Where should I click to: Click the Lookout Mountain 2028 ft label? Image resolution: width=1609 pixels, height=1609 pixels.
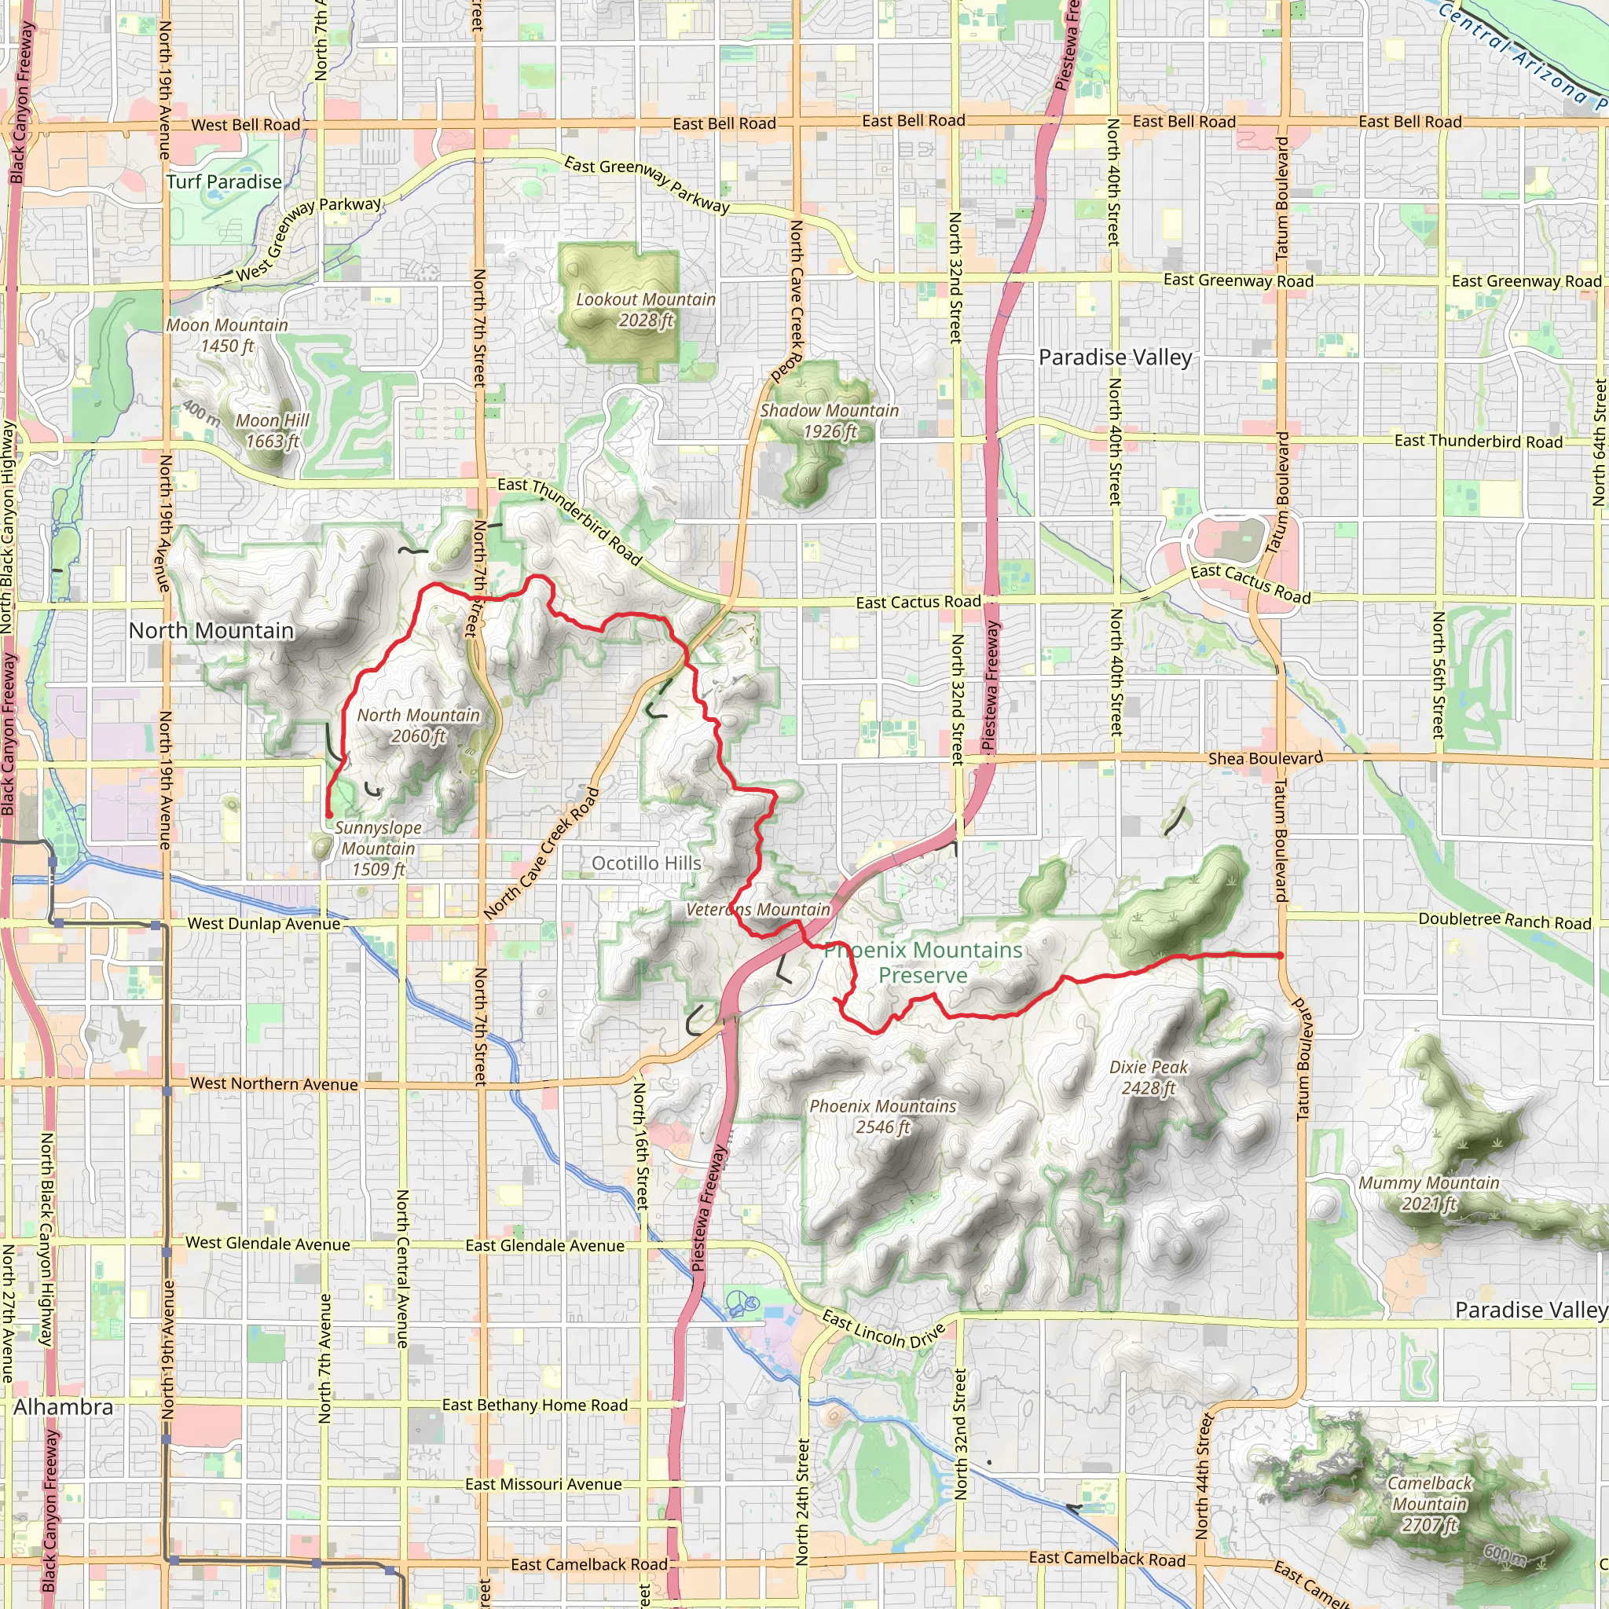pyautogui.click(x=646, y=310)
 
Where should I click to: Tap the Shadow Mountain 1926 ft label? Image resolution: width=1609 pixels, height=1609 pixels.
pyautogui.click(x=830, y=420)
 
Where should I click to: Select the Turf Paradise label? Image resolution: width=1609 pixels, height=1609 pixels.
pyautogui.click(x=224, y=181)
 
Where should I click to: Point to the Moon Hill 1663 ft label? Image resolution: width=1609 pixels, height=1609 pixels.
pyautogui.click(x=273, y=431)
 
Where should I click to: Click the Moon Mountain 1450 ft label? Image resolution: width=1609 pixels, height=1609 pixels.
pyautogui.click(x=227, y=335)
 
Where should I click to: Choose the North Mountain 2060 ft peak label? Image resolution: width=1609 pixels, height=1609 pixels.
pyautogui.click(x=418, y=725)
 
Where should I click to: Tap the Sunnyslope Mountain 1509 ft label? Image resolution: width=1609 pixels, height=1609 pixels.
pyautogui.click(x=378, y=848)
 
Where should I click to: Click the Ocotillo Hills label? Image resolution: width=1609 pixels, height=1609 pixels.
pyautogui.click(x=647, y=863)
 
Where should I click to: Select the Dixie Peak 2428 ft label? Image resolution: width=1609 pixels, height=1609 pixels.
pyautogui.click(x=1149, y=1078)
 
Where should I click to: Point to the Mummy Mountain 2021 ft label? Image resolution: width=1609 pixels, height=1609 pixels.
pyautogui.click(x=1429, y=1193)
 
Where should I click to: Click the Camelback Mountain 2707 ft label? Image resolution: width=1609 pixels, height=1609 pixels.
pyautogui.click(x=1430, y=1504)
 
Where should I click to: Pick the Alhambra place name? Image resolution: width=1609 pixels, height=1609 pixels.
pyautogui.click(x=64, y=1407)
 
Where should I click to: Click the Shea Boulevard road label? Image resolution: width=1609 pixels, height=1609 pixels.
pyautogui.click(x=1265, y=758)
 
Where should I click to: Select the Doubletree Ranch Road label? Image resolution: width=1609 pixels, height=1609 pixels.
pyautogui.click(x=1505, y=920)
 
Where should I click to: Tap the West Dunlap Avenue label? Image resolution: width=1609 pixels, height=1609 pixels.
pyautogui.click(x=264, y=924)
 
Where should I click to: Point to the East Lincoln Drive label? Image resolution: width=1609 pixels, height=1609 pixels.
pyautogui.click(x=884, y=1330)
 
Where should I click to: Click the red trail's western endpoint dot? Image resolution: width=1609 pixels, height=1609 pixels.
pyautogui.click(x=329, y=815)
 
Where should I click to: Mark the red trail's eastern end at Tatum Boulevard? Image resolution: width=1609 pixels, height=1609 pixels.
pyautogui.click(x=1280, y=955)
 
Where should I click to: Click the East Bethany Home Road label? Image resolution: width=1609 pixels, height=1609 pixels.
pyautogui.click(x=535, y=1406)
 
